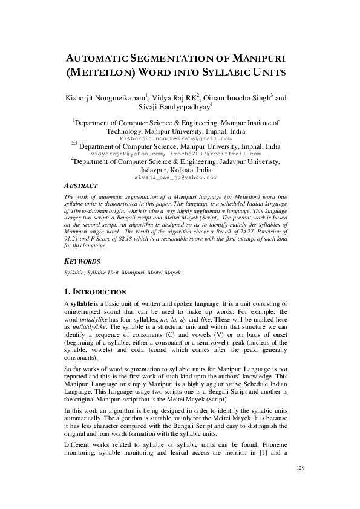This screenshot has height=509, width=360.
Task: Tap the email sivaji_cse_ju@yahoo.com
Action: tap(175, 178)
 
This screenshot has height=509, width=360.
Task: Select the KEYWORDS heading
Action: tap(82, 261)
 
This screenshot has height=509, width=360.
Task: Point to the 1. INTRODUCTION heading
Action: tap(94, 291)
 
